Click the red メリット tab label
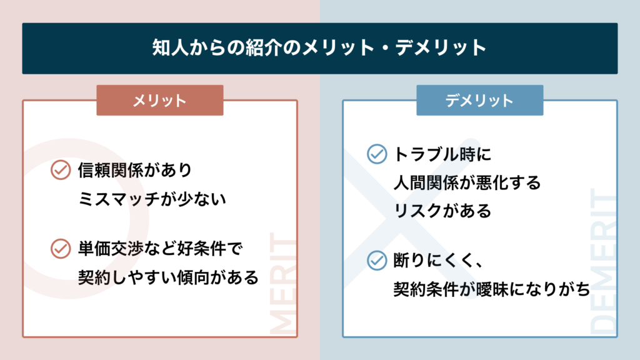160,101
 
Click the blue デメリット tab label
479,101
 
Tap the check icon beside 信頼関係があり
61,170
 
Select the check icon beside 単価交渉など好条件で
61,249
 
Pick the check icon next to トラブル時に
377,154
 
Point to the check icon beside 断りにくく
377,261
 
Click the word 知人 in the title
167,47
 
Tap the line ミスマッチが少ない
152,199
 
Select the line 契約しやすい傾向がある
168,277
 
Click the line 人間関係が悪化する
467,182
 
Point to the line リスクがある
442,211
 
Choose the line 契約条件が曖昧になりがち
492,289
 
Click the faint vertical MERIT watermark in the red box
283,283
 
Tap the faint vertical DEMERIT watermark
603,261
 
